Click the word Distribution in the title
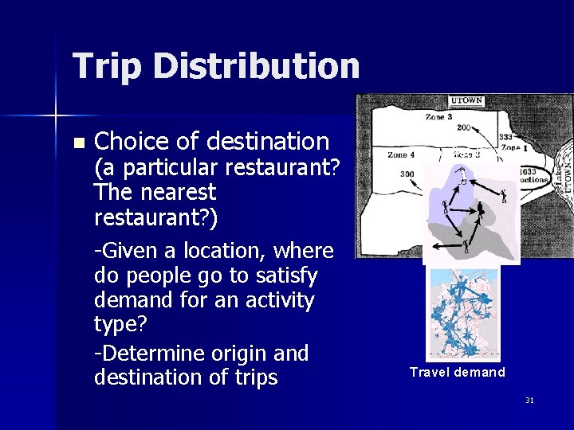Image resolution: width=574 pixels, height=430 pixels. [x=257, y=65]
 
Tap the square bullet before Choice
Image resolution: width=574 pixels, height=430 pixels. [x=77, y=143]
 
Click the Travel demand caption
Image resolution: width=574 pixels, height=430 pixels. [x=458, y=372]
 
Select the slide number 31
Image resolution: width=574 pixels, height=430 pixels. [x=529, y=400]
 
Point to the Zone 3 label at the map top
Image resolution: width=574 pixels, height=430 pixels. [x=438, y=117]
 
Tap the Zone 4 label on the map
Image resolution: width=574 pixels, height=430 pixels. [x=400, y=154]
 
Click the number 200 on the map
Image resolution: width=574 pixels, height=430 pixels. [x=463, y=127]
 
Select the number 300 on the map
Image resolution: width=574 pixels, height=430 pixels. [x=407, y=174]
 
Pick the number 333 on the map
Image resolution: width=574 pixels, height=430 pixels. [x=505, y=137]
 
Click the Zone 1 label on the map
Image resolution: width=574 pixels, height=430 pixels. [x=509, y=148]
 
